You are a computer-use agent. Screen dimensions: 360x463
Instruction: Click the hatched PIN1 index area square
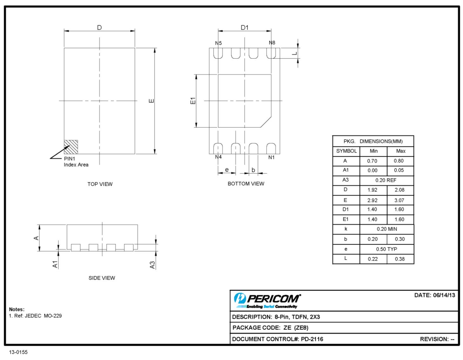[x=71, y=147]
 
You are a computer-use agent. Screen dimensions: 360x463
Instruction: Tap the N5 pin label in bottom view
[x=218, y=43]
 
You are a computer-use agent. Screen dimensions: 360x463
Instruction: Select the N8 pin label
[x=272, y=43]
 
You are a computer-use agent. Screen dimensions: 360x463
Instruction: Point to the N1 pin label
[x=271, y=157]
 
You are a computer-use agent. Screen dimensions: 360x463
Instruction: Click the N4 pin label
[x=218, y=157]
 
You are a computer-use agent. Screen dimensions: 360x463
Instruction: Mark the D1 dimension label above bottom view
[x=244, y=28]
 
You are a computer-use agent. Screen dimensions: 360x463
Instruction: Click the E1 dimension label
[x=193, y=101]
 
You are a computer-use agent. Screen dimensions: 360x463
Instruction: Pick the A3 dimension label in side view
[x=152, y=265]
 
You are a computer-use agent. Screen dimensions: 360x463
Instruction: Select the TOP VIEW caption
[x=100, y=184]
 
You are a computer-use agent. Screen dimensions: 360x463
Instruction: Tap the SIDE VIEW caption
[x=102, y=278]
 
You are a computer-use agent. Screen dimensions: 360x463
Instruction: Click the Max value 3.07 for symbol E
[x=399, y=200]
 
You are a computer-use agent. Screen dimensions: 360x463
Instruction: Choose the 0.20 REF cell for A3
[x=386, y=180]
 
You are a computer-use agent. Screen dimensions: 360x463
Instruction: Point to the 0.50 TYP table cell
[x=387, y=249]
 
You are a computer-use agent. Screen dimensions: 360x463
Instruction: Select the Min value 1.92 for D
[x=372, y=190]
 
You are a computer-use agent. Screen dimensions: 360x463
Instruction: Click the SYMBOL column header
[x=346, y=151]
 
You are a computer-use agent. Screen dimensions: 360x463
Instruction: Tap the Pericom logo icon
[x=240, y=298]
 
